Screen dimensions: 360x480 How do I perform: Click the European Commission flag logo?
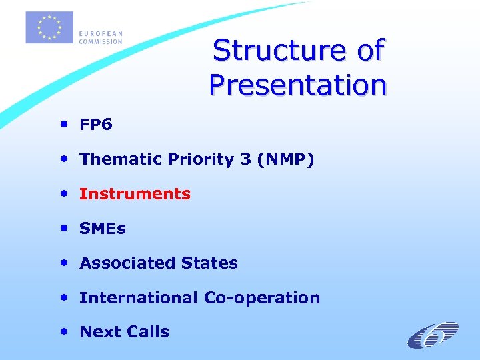pyautogui.click(x=49, y=28)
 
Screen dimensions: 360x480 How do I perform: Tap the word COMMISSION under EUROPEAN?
pyautogui.click(x=101, y=41)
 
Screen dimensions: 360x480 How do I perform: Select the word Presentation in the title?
pyautogui.click(x=297, y=85)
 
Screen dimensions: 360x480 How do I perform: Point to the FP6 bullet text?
pyautogui.click(x=96, y=125)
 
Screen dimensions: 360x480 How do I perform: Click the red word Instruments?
pyautogui.click(x=135, y=194)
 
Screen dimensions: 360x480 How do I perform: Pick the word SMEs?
pyautogui.click(x=103, y=229)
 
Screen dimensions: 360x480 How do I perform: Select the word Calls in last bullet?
pyautogui.click(x=149, y=332)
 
